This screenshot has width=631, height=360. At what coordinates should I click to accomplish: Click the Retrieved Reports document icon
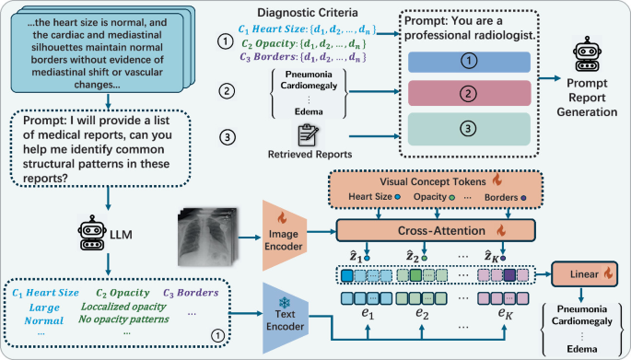pos(298,134)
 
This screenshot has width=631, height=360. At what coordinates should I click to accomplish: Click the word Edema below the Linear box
pos(583,349)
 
